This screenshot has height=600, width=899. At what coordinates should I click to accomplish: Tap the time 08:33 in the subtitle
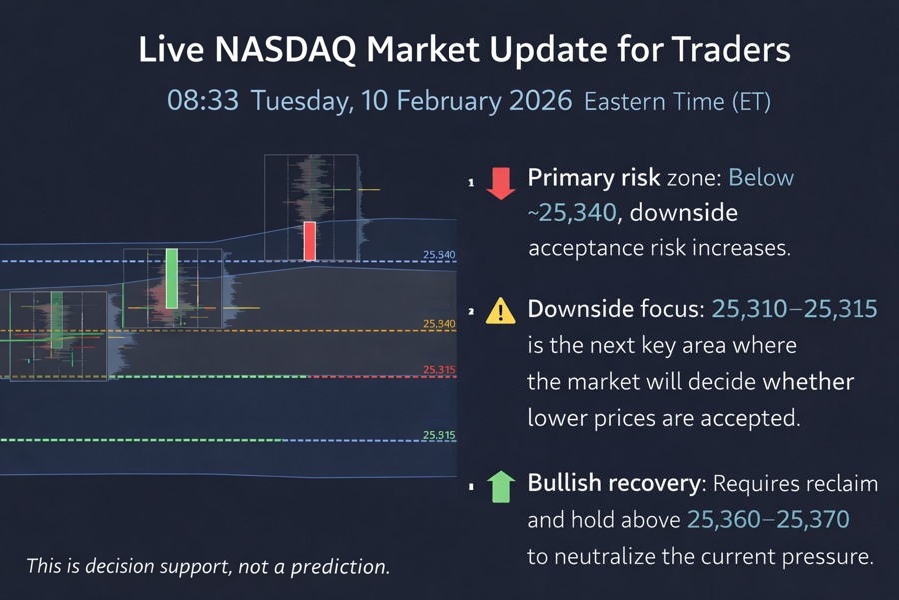click(x=203, y=101)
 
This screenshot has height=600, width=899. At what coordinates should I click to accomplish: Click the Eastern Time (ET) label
click(x=677, y=102)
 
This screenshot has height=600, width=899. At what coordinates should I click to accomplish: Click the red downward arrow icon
click(x=500, y=183)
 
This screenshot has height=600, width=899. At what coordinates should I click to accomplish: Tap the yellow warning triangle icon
click(x=500, y=312)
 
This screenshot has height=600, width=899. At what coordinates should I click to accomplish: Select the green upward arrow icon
click(x=500, y=486)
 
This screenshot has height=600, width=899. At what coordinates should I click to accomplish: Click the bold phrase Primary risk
click(x=593, y=178)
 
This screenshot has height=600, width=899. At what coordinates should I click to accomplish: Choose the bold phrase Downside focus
click(x=615, y=309)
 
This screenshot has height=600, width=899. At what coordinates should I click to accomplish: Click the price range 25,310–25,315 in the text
click(x=794, y=309)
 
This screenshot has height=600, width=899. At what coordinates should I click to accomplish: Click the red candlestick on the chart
click(x=310, y=241)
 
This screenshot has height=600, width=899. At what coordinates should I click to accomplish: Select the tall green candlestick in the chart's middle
click(x=172, y=278)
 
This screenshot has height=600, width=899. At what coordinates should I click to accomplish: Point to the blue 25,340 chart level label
click(x=439, y=255)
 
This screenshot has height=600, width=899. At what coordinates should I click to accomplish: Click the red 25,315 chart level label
click(x=439, y=370)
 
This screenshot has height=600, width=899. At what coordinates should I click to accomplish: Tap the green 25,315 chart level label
click(x=439, y=435)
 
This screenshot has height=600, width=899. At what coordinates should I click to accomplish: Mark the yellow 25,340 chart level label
click(x=439, y=323)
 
